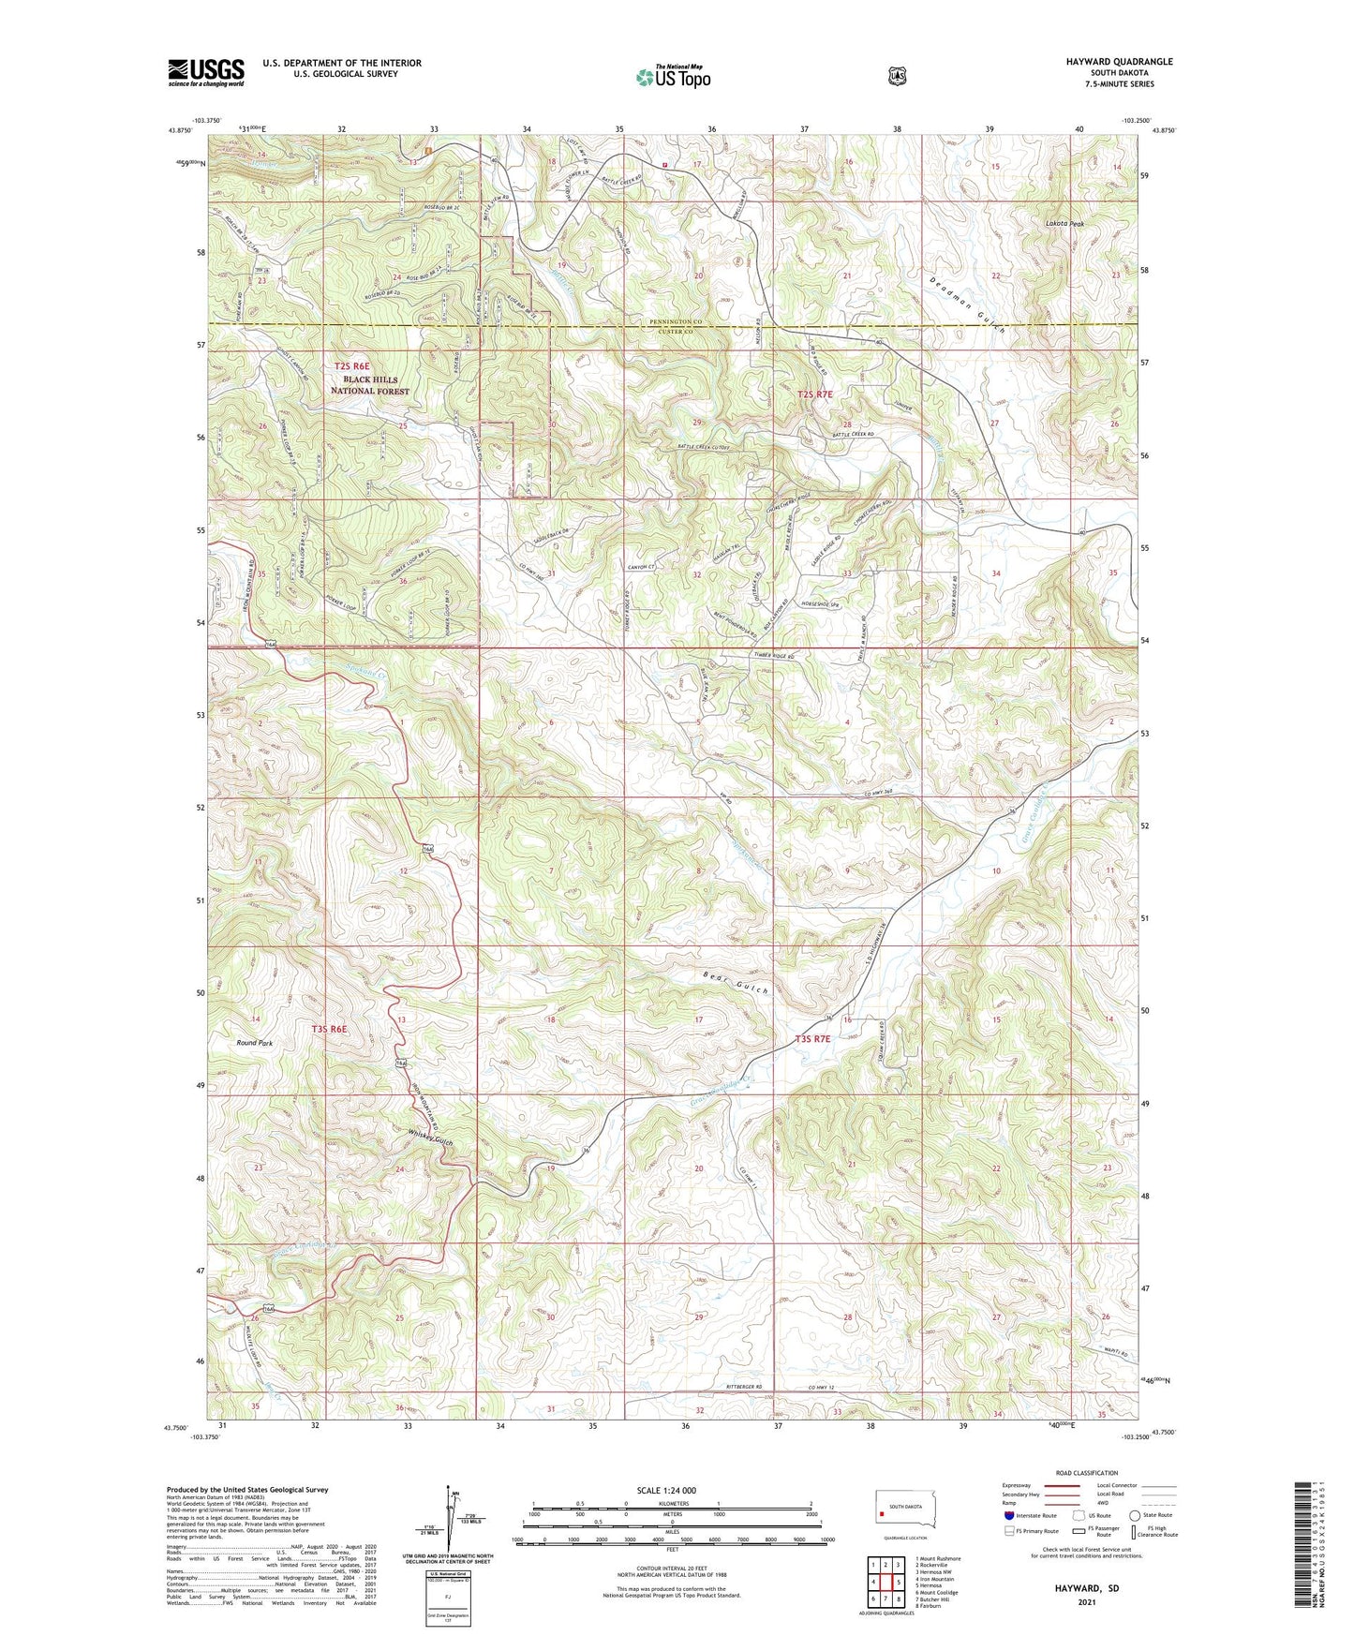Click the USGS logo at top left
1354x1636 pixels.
206,72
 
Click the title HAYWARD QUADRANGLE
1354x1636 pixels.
1119,62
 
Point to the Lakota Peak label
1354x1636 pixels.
1064,225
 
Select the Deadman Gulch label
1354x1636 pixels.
968,305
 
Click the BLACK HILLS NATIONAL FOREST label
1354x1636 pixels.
370,385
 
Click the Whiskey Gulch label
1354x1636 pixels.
430,1137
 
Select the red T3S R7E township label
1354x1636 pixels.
813,1038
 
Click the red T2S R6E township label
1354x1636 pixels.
352,366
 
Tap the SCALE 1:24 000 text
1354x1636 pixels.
666,1490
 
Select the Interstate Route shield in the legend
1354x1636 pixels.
1008,1515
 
